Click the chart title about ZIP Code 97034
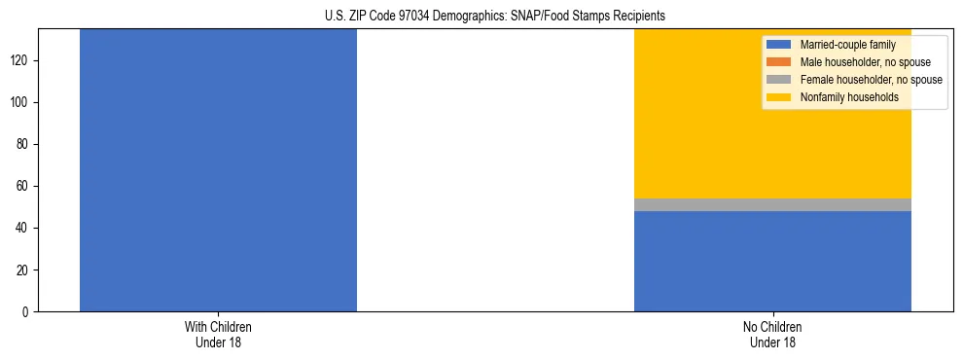[495, 17]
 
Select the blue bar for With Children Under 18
[218, 170]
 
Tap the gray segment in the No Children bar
[772, 204]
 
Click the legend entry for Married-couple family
[847, 45]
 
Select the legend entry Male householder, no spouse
[865, 62]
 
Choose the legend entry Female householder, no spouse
[871, 80]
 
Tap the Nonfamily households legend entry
[849, 97]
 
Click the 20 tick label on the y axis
[24, 270]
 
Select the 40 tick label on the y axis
[24, 228]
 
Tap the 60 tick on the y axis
[24, 186]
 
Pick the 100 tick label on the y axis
[21, 102]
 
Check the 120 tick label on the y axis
[21, 60]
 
